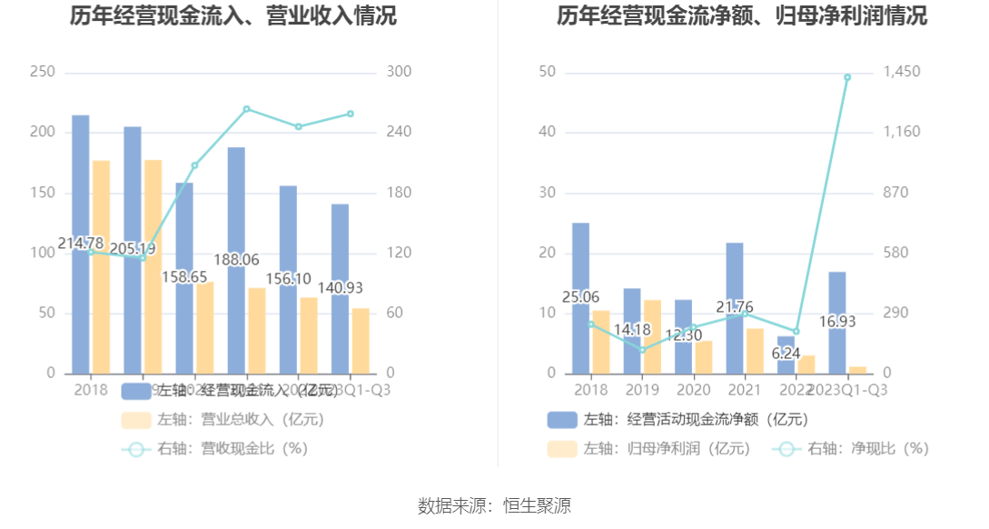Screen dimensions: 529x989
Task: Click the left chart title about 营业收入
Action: pos(233,16)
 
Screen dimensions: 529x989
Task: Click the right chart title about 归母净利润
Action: pos(742,16)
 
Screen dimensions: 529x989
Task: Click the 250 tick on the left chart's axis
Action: pos(42,72)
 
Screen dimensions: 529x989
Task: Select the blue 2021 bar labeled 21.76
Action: pos(734,264)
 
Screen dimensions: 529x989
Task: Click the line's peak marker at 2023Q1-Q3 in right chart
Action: pos(847,77)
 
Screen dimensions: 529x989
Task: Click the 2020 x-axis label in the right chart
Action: pos(694,390)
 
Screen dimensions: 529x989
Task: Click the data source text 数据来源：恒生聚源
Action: pos(494,505)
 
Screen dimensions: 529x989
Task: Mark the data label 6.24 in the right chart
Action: pos(786,354)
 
